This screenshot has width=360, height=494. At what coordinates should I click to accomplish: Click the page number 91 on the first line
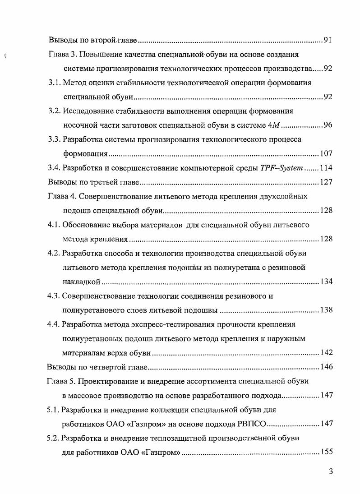328,41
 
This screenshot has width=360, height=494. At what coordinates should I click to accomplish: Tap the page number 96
328,125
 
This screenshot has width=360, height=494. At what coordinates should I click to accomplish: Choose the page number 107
326,154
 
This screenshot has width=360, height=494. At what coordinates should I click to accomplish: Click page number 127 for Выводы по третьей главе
326,182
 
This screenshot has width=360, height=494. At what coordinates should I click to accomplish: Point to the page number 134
326,282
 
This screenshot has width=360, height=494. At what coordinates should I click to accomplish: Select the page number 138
326,310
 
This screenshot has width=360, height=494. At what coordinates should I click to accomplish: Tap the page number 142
326,352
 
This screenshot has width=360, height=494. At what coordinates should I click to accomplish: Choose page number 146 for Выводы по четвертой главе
326,367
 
